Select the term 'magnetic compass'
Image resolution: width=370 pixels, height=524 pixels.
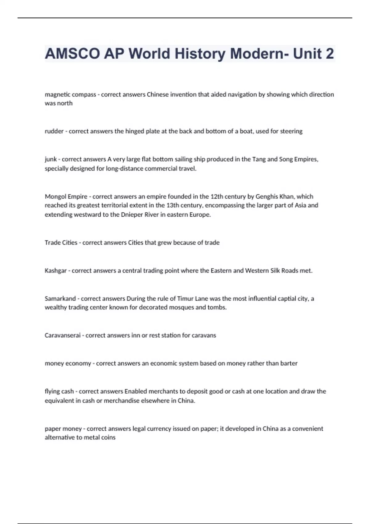[x=70, y=95]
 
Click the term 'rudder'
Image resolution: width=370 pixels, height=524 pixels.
[x=54, y=131]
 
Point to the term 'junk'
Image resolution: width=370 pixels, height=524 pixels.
[x=51, y=159]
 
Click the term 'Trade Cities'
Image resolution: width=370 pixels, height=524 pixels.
[x=61, y=243]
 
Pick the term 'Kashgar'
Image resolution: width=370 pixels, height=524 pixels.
[x=55, y=271]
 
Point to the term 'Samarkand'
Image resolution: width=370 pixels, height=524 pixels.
[x=60, y=299]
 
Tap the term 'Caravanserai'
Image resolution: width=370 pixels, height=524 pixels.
[x=62, y=335]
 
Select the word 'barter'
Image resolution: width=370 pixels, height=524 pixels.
[x=289, y=363]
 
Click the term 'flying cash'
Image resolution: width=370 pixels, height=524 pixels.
[x=59, y=391]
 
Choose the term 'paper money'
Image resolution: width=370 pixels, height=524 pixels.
[x=63, y=429]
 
